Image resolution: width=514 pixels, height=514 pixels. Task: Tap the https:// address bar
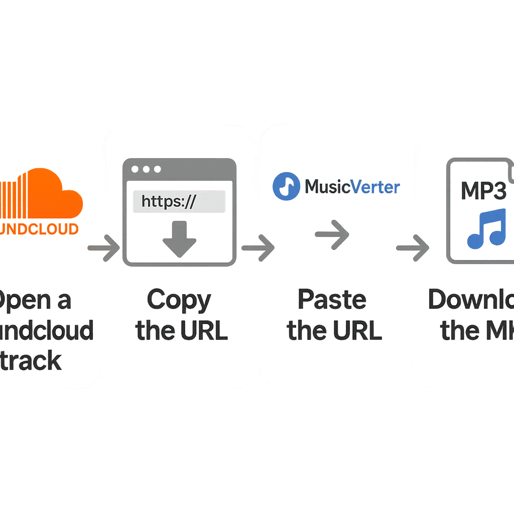pyautogui.click(x=178, y=202)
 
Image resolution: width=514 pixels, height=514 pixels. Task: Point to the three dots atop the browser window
pyautogui.click(x=146, y=169)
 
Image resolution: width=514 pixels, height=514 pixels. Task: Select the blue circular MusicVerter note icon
pyautogui.click(x=287, y=187)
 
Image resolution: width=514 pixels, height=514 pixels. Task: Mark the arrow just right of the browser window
pyautogui.click(x=258, y=247)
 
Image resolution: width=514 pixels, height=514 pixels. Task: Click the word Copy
pyautogui.click(x=179, y=300)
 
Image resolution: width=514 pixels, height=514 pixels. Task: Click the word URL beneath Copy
pyautogui.click(x=202, y=331)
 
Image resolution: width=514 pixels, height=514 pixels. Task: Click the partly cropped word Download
pyautogui.click(x=472, y=300)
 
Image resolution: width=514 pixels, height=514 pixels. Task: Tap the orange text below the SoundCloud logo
pyautogui.click(x=40, y=229)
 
